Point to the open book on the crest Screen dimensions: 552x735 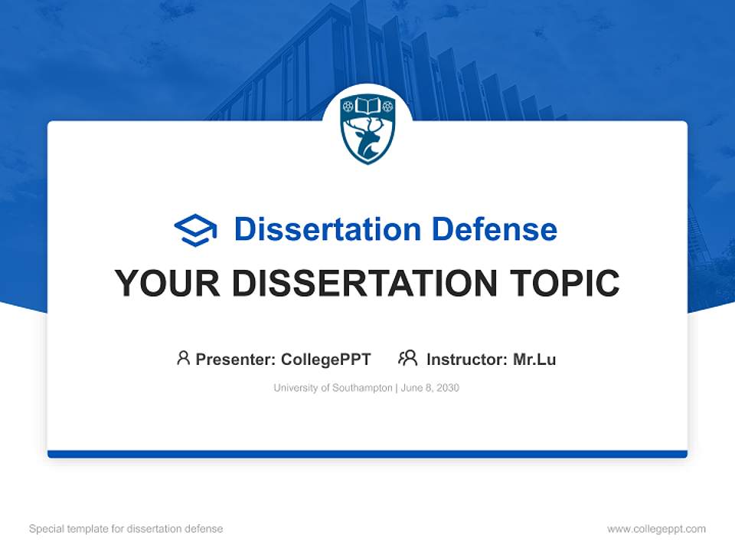(x=367, y=105)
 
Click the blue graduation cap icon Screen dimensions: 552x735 (x=195, y=230)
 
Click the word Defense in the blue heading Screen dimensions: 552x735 (x=494, y=229)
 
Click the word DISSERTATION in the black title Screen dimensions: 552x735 (x=363, y=284)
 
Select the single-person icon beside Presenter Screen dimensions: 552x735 (x=183, y=358)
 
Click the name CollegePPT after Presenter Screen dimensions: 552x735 (x=326, y=359)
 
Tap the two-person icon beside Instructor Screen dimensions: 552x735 (x=408, y=358)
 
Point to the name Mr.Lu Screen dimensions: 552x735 (x=534, y=359)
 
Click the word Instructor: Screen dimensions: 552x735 (x=467, y=359)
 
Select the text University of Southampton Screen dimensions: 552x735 (x=333, y=388)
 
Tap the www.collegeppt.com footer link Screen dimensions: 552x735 (x=656, y=529)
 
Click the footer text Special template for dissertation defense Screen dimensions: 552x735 (x=126, y=529)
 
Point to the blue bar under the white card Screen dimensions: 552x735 (x=367, y=454)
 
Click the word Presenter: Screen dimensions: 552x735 (x=236, y=359)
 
